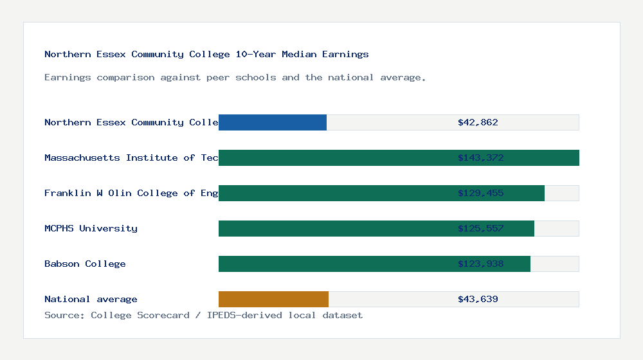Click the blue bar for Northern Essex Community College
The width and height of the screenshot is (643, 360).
273,122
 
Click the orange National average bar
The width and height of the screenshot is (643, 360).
273,299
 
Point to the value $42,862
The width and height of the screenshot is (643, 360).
478,122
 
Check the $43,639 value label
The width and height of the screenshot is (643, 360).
478,299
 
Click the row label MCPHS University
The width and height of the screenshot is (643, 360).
91,228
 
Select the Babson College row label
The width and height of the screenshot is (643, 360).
85,264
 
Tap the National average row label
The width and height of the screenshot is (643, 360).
91,299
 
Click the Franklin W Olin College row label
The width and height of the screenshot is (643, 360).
131,193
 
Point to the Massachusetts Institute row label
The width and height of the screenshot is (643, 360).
131,157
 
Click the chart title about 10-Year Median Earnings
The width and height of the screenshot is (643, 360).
206,54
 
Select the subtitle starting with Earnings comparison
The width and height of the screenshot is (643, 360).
235,77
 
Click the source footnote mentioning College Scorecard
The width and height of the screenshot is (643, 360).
203,315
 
